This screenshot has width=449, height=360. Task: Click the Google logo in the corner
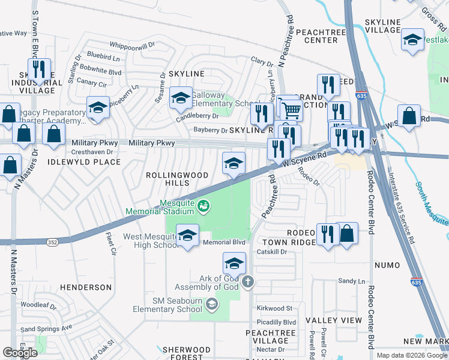pos(20,353)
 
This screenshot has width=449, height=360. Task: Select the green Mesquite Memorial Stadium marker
pos(203,206)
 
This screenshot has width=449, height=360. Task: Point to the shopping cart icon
pos(291,109)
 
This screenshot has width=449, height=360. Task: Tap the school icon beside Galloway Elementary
pos(180,98)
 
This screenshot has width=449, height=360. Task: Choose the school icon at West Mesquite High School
pos(188,236)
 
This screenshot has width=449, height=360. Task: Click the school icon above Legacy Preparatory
pos(98,107)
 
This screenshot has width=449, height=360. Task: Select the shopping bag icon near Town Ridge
pos(347,234)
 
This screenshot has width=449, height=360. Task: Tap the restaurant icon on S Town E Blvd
pos(39,70)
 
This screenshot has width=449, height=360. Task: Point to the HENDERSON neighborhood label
pos(86,287)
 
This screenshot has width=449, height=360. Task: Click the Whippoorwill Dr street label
pos(132,44)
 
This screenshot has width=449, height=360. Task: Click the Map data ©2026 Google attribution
pos(411,355)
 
